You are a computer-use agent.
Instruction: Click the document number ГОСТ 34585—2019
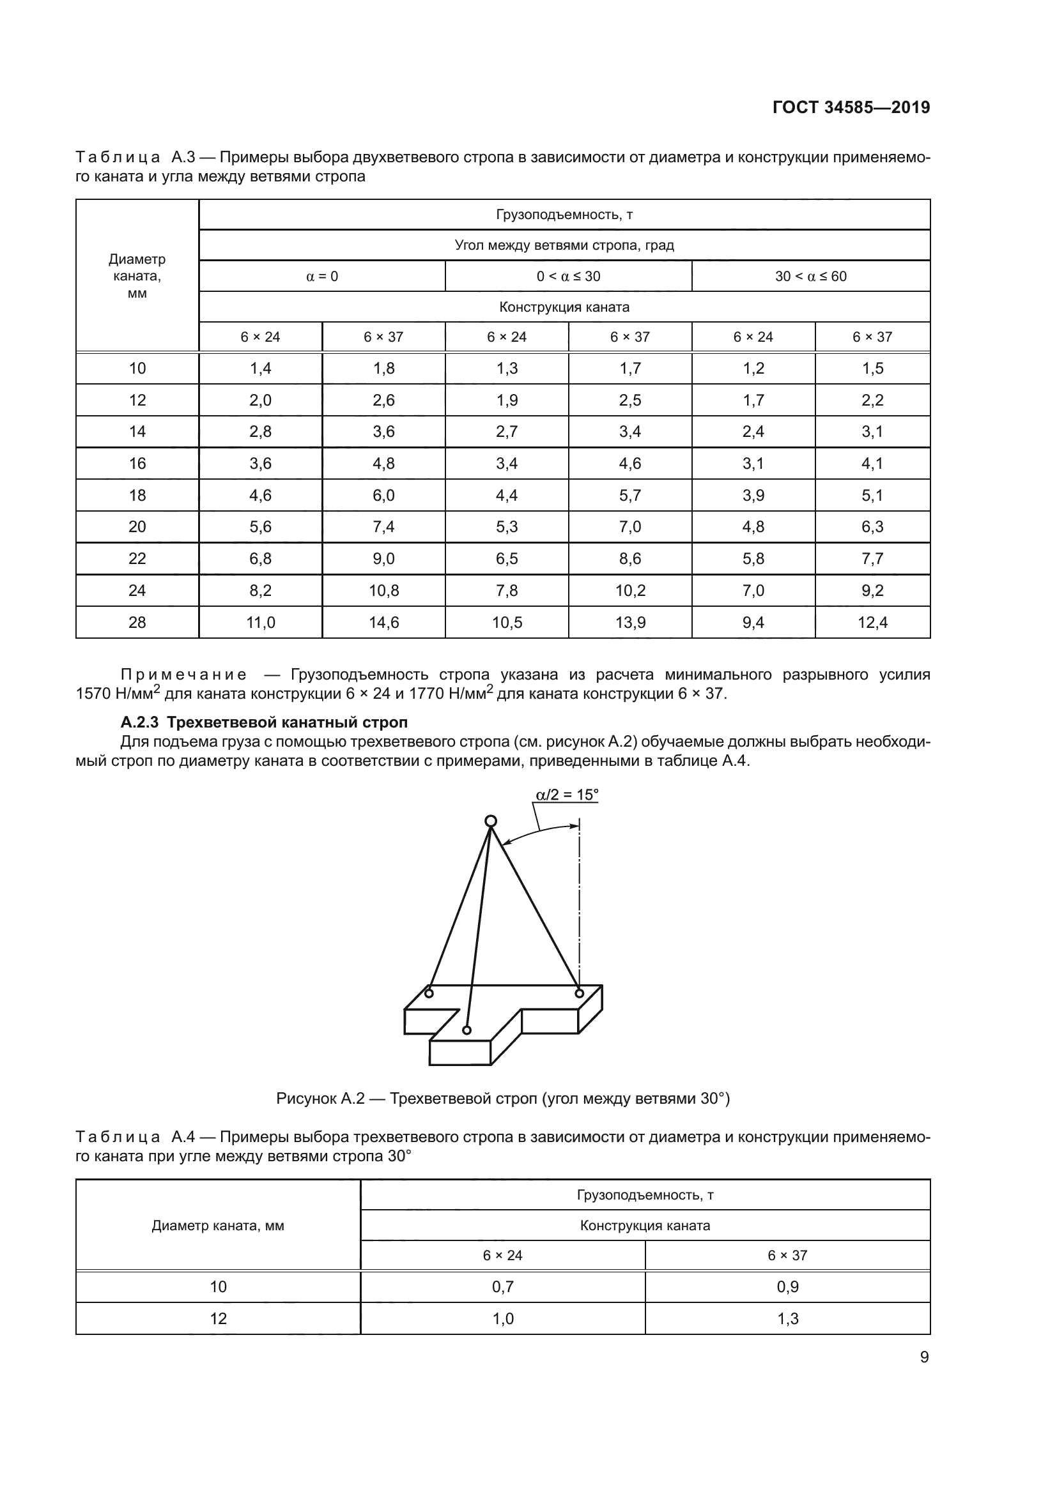(851, 107)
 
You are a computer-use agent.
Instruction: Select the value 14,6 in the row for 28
(383, 623)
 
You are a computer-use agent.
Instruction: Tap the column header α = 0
(322, 277)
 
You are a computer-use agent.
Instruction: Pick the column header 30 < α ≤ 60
(810, 277)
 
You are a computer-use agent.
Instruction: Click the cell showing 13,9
(630, 623)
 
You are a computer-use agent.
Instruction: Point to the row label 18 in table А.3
(137, 495)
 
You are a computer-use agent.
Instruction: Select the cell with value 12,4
(872, 623)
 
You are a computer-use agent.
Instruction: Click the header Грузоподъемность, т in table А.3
(564, 215)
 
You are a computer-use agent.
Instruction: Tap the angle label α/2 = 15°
(566, 795)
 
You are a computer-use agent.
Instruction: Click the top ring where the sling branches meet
(491, 821)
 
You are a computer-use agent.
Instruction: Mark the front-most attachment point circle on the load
(466, 1030)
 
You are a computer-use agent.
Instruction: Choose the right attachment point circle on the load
(578, 994)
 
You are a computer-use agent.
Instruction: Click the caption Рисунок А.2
(502, 1099)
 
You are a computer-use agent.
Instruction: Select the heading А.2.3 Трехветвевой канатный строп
(263, 722)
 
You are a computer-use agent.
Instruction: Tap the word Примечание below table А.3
(183, 675)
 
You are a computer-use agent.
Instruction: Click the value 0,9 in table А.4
(787, 1287)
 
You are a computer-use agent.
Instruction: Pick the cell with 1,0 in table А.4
(502, 1319)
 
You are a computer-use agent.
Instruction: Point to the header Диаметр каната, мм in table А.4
(218, 1226)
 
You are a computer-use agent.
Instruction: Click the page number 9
(924, 1357)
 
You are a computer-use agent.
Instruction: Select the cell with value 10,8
(383, 591)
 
